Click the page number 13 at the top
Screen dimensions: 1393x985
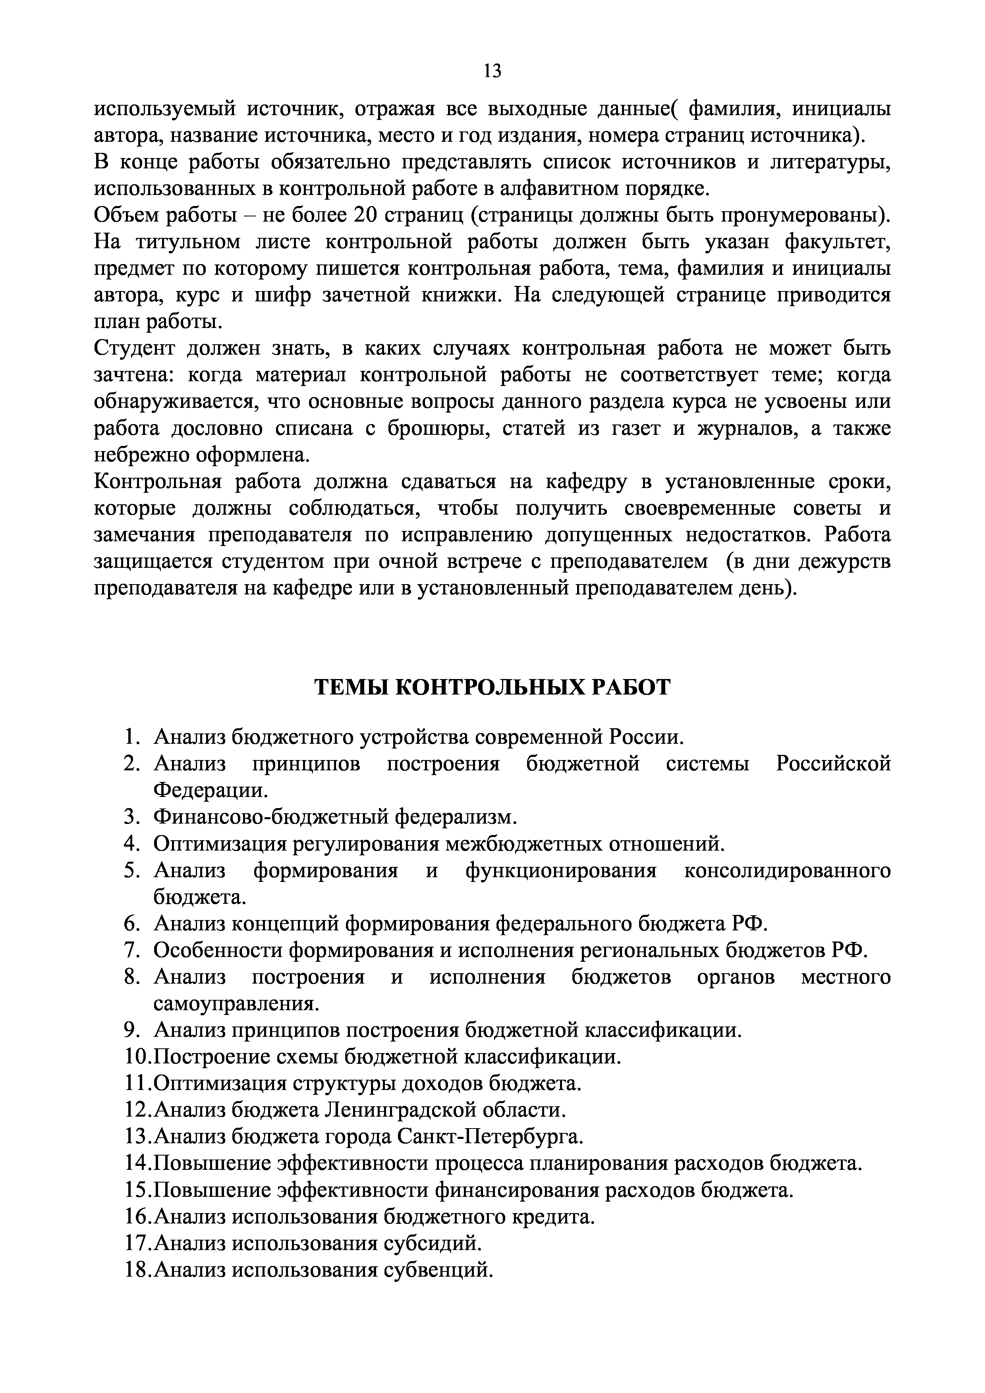[492, 71]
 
